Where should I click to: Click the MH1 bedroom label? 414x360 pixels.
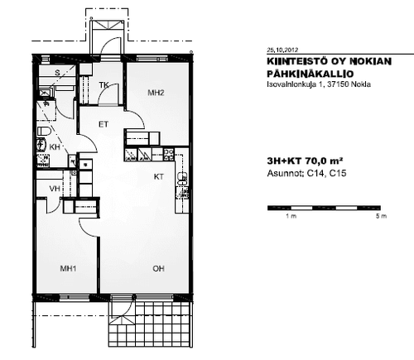[68, 268]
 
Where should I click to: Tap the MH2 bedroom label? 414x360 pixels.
[156, 93]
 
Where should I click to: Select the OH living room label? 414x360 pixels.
[158, 268]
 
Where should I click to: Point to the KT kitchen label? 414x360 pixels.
[159, 176]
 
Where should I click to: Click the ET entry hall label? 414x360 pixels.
[103, 124]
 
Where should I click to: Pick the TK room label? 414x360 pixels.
[103, 84]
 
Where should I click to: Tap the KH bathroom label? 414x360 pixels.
[55, 146]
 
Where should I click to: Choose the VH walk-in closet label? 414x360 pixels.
[55, 189]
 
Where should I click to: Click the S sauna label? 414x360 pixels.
[57, 73]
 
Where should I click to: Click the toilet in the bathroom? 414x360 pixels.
[43, 132]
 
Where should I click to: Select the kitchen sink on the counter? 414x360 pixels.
[182, 179]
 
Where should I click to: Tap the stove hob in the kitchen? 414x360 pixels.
[169, 155]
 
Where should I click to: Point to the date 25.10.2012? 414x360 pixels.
[282, 50]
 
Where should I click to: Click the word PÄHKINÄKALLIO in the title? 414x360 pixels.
[310, 74]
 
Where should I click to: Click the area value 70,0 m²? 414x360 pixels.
[324, 161]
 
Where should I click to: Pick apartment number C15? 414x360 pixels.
[338, 173]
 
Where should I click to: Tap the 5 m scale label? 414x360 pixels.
[381, 216]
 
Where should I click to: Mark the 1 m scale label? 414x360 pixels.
[291, 216]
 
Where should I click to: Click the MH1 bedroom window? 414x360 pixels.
[75, 297]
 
